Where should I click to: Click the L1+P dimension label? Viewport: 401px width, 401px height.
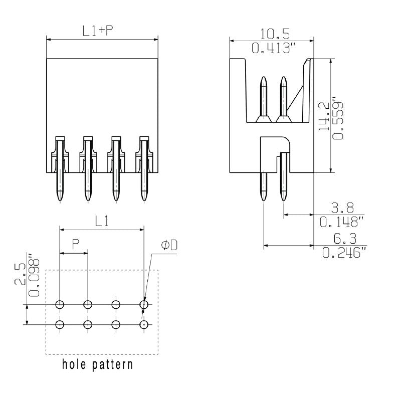click(98, 31)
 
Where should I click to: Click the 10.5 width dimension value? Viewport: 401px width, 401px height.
click(275, 34)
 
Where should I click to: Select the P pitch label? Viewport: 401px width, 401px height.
click(75, 244)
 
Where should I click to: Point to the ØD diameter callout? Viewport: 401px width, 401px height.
click(169, 245)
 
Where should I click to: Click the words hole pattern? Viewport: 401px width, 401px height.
click(98, 364)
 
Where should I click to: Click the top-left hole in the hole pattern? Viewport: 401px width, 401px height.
click(60, 304)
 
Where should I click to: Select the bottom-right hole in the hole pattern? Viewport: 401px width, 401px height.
click(144, 324)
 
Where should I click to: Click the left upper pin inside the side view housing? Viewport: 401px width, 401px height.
click(264, 98)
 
